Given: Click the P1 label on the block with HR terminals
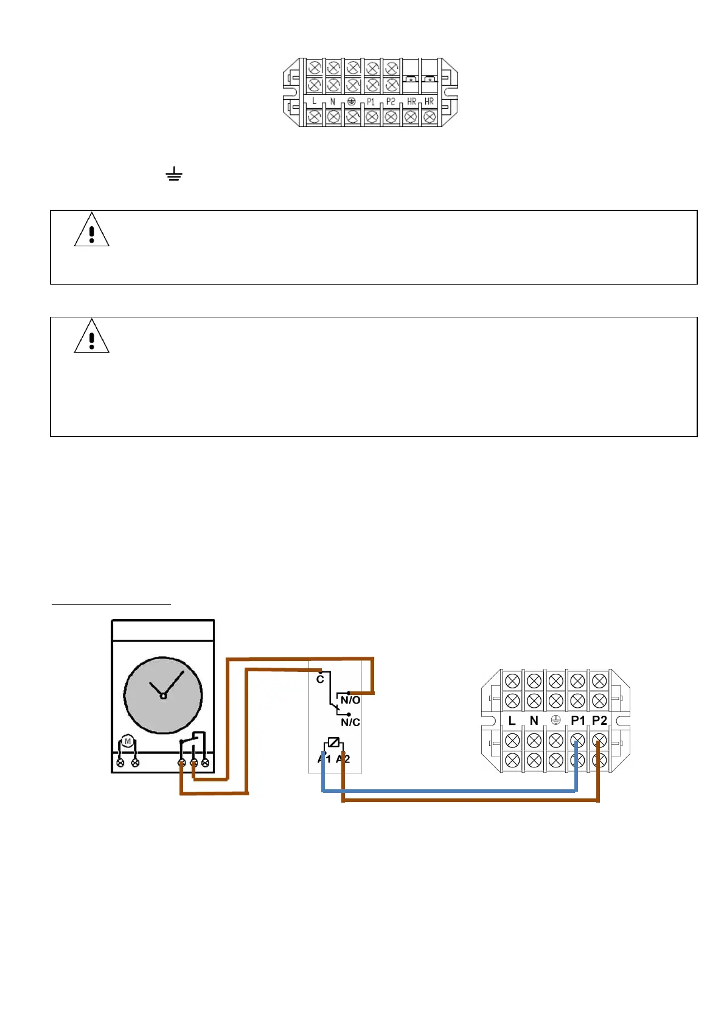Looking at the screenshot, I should click(x=371, y=102).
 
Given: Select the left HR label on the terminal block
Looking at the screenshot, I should click(x=412, y=102).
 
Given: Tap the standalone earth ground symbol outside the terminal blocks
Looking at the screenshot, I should click(x=174, y=175).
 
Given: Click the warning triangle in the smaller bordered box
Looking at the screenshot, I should click(x=91, y=230).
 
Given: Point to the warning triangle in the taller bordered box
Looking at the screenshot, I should click(x=91, y=337).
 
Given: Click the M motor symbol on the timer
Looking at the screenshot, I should click(x=127, y=741).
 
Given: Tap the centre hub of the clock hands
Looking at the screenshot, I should click(x=163, y=696).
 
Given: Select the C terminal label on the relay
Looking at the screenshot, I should click(x=320, y=679).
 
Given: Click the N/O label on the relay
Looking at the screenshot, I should click(x=350, y=700).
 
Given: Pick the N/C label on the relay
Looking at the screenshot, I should click(x=350, y=722).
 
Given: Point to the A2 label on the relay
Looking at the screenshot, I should click(x=343, y=759).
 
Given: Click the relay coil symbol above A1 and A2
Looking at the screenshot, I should click(x=333, y=742).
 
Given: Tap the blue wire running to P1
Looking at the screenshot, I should click(x=450, y=791).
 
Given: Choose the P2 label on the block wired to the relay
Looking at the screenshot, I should click(x=599, y=721).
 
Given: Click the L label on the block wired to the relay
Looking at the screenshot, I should click(x=512, y=721).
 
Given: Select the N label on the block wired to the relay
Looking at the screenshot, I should click(x=534, y=721).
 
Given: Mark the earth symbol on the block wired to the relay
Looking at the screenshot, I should click(x=555, y=721).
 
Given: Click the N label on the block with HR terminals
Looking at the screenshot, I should click(x=332, y=102).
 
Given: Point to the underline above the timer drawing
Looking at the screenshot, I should click(x=111, y=605).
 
